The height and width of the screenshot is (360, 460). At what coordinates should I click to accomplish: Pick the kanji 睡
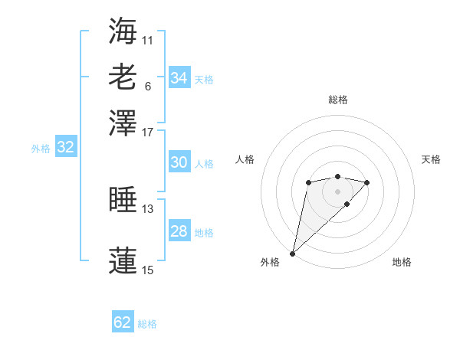tap(123, 201)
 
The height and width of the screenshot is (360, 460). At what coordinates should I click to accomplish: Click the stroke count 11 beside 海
tap(148, 39)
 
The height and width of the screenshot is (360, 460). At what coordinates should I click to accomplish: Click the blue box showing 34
tap(179, 78)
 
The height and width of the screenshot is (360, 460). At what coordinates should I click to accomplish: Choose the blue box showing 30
tap(179, 162)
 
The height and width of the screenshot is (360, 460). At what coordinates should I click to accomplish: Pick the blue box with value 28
tap(179, 231)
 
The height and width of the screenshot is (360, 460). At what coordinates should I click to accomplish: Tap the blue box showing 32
tap(65, 148)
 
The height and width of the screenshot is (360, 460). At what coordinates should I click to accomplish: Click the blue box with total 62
tap(123, 322)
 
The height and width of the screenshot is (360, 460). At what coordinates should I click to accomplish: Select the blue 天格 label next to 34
tap(204, 80)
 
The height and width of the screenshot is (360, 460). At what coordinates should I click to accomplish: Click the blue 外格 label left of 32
tap(41, 149)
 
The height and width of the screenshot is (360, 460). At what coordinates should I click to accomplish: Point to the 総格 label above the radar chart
tap(337, 100)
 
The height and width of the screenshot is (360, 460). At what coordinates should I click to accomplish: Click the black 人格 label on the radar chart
tap(245, 159)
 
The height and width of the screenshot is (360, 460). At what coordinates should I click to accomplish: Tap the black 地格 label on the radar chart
tap(402, 263)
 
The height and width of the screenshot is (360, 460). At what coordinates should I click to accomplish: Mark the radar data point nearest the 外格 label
tap(293, 253)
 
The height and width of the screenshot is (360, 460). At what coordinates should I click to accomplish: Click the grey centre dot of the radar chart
tap(337, 191)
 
